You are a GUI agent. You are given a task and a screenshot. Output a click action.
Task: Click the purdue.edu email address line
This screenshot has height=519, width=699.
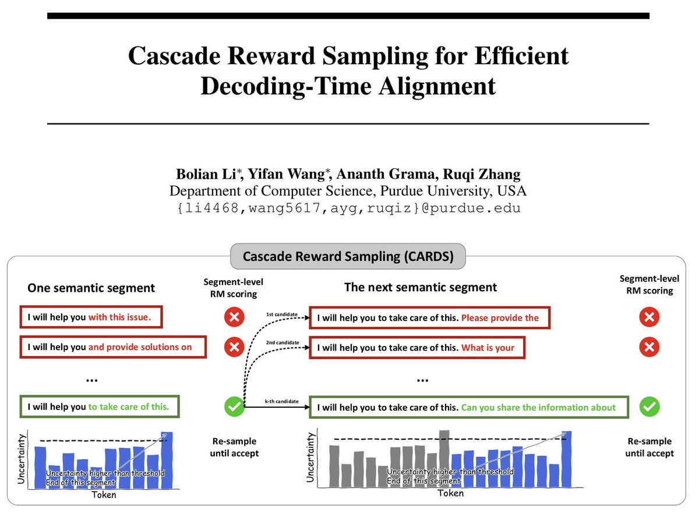pyautogui.click(x=348, y=208)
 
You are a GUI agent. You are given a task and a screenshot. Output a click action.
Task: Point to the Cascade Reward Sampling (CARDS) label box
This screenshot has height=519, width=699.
pyautogui.click(x=348, y=256)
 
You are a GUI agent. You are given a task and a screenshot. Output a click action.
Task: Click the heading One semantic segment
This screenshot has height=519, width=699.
pyautogui.click(x=91, y=288)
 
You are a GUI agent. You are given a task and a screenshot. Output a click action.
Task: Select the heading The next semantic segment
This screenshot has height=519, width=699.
pyautogui.click(x=420, y=287)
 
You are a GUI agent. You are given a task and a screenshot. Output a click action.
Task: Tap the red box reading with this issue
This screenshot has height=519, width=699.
pyautogui.click(x=90, y=317)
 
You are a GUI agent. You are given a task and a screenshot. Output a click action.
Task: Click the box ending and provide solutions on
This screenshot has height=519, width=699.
pyautogui.click(x=114, y=347)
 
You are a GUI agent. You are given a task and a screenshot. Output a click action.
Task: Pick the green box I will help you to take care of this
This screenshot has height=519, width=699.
pyautogui.click(x=99, y=407)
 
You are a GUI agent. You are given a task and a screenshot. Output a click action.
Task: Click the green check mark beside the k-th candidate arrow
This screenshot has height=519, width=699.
pyautogui.click(x=234, y=407)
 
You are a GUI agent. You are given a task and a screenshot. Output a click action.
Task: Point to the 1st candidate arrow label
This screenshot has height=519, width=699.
pyautogui.click(x=282, y=315)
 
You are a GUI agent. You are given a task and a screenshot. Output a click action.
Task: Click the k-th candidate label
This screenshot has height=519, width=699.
pyautogui.click(x=282, y=402)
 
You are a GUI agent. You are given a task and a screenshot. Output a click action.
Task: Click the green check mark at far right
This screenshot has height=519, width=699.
pyautogui.click(x=649, y=407)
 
